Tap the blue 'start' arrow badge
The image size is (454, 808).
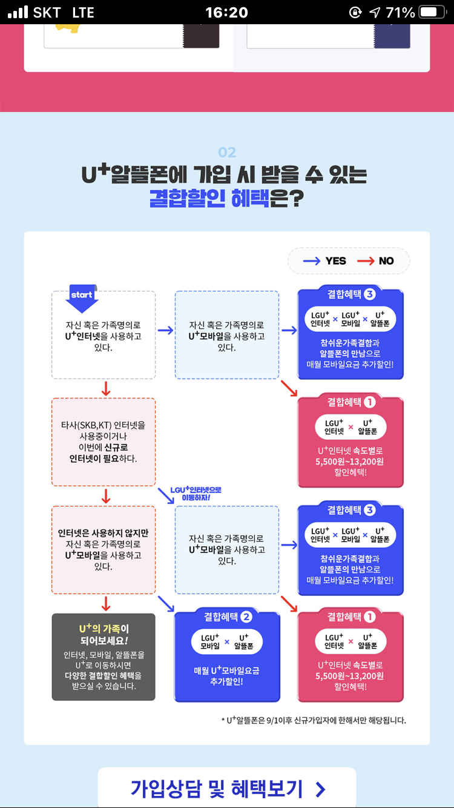[81, 297]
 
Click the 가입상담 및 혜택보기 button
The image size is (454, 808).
[227, 788]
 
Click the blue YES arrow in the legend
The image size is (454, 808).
[311, 261]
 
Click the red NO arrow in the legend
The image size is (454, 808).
[366, 261]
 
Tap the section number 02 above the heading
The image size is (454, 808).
[227, 153]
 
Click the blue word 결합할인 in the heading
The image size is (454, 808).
[188, 197]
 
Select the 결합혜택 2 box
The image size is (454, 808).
[227, 657]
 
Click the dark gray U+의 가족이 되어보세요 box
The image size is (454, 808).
[104, 657]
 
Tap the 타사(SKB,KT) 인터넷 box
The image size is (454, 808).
[104, 442]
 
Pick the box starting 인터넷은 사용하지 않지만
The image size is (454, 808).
[104, 549]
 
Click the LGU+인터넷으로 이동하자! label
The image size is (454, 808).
[195, 493]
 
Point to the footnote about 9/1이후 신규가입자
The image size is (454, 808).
[314, 720]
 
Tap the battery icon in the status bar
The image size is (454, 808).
[432, 12]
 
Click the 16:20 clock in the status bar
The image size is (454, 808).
[226, 12]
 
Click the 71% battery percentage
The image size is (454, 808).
[400, 12]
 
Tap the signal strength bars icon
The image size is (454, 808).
[18, 12]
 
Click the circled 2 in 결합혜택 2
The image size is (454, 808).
[246, 617]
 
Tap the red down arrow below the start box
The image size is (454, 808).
[106, 388]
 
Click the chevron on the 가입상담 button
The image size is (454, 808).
[320, 789]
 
